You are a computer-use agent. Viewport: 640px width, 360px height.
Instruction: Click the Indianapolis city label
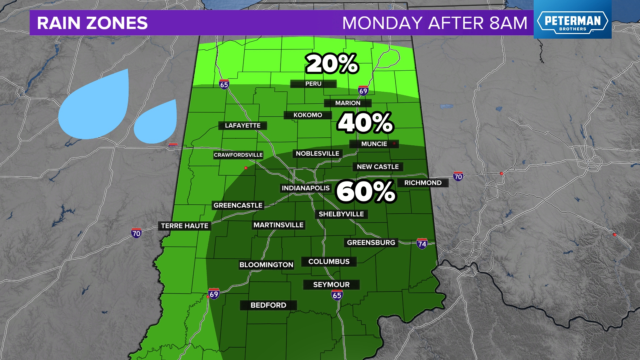[x=305, y=188]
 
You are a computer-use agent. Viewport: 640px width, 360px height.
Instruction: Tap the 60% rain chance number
[x=366, y=191]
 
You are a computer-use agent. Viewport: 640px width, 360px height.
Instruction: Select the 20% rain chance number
[x=332, y=64]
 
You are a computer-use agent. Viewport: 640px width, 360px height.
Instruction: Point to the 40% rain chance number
[x=366, y=123]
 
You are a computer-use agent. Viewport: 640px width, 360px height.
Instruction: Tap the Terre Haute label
[x=185, y=226]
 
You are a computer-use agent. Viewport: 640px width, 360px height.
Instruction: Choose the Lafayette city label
[x=243, y=126]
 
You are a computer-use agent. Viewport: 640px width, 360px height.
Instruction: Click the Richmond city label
[x=423, y=183]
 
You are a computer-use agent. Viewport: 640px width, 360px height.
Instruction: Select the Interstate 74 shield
[x=422, y=244]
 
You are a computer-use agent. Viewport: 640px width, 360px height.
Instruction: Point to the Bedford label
[x=268, y=305]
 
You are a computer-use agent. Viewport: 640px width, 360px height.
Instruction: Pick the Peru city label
[x=313, y=84]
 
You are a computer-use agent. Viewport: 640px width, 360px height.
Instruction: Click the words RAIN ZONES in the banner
[x=92, y=23]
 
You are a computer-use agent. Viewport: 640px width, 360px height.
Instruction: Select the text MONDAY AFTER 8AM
[x=435, y=23]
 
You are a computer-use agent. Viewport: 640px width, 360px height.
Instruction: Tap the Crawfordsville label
[x=238, y=155]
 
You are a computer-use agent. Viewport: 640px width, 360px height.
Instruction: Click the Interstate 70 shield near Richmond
[x=458, y=176]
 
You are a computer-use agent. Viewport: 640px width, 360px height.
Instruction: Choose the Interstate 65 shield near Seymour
[x=337, y=295]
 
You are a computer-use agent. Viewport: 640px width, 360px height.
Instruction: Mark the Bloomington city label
[x=266, y=265]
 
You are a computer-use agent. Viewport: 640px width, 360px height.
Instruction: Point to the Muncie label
[x=374, y=144]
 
